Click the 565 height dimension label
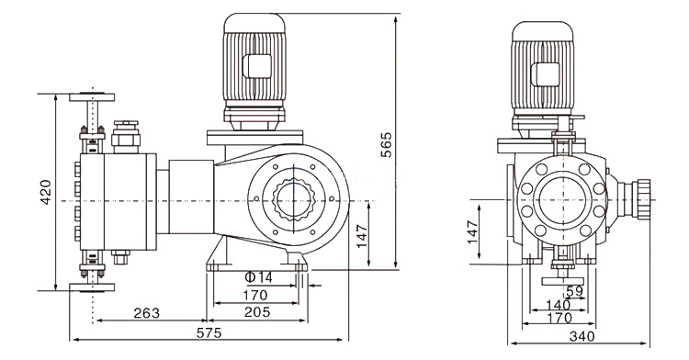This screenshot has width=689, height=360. pos(386,144)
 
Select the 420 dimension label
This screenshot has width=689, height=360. pos(46,192)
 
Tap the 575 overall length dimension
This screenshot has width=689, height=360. pos(209,332)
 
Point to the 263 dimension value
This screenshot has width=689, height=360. pos(147,313)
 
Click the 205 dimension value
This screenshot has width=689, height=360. pos(257,311)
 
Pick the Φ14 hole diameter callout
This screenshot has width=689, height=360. pos(258,277)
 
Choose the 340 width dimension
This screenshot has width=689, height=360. pos(582,336)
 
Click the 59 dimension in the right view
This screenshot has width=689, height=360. pos(574,291)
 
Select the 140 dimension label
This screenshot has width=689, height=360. pos(559,305)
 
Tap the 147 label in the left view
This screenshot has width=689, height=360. pos(362,236)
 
